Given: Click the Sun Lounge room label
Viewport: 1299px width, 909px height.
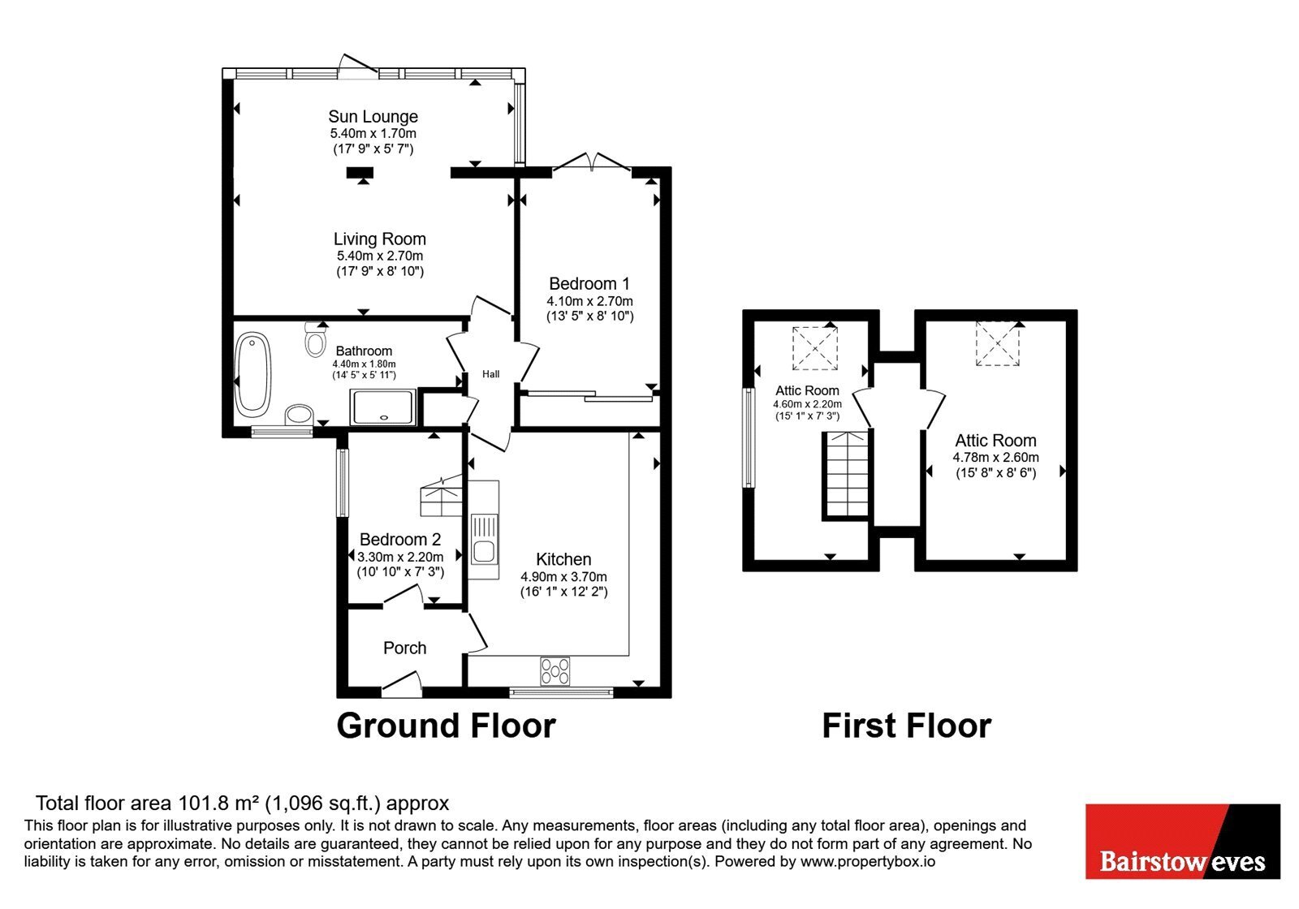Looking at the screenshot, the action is coord(373,117).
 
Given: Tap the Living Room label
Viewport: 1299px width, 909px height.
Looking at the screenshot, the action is coord(379,239).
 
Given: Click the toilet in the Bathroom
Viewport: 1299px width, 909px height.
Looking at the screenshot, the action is coord(315,340).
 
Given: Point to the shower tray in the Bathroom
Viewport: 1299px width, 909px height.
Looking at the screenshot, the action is coord(382,407).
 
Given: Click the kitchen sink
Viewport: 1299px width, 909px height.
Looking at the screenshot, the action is coord(484,539).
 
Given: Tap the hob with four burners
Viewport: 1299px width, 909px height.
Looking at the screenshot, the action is coord(555,671).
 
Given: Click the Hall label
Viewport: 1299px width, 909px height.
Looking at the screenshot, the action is coord(490,374).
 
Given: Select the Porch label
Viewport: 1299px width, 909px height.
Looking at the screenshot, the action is coord(405,648).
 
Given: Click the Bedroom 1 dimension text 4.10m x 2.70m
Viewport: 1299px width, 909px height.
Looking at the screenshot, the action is coord(589,301).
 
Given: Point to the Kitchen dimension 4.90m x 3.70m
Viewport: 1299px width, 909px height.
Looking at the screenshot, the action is coord(563,577).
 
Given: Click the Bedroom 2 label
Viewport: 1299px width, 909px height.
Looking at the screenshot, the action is coord(400,540).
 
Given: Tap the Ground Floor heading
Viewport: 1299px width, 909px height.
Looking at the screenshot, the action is coord(446,726).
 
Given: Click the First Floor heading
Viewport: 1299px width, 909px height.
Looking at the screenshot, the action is coord(906,726).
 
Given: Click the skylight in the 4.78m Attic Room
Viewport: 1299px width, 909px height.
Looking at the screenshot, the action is coord(998,344).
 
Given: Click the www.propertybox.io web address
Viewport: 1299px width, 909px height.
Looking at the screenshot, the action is coord(868,861).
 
